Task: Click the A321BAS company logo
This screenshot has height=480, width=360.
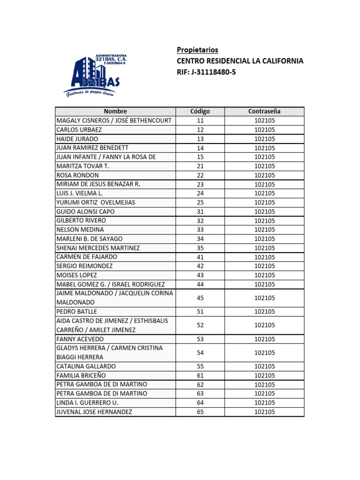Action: click(x=96, y=75)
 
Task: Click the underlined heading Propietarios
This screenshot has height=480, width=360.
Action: click(x=197, y=50)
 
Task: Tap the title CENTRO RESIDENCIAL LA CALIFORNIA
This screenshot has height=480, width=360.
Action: click(x=240, y=61)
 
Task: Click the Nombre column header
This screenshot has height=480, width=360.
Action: click(x=115, y=112)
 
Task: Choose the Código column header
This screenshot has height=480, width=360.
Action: click(x=200, y=112)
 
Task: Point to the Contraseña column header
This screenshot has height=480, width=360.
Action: click(x=264, y=112)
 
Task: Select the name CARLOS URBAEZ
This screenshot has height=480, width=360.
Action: click(x=79, y=130)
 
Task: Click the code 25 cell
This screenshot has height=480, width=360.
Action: click(x=200, y=202)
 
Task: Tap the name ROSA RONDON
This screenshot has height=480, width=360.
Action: click(x=77, y=175)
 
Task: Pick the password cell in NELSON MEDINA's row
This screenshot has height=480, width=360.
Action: click(x=264, y=230)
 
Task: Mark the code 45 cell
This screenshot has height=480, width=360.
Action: click(x=200, y=298)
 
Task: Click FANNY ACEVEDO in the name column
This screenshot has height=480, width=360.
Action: click(x=80, y=339)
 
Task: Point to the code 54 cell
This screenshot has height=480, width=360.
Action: click(x=200, y=352)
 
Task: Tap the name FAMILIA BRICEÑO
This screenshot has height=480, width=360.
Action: click(x=81, y=375)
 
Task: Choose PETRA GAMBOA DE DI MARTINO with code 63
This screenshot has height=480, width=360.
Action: click(x=102, y=394)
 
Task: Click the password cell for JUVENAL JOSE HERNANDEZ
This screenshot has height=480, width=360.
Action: click(x=264, y=412)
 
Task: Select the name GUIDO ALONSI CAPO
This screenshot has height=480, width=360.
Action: click(x=85, y=211)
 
